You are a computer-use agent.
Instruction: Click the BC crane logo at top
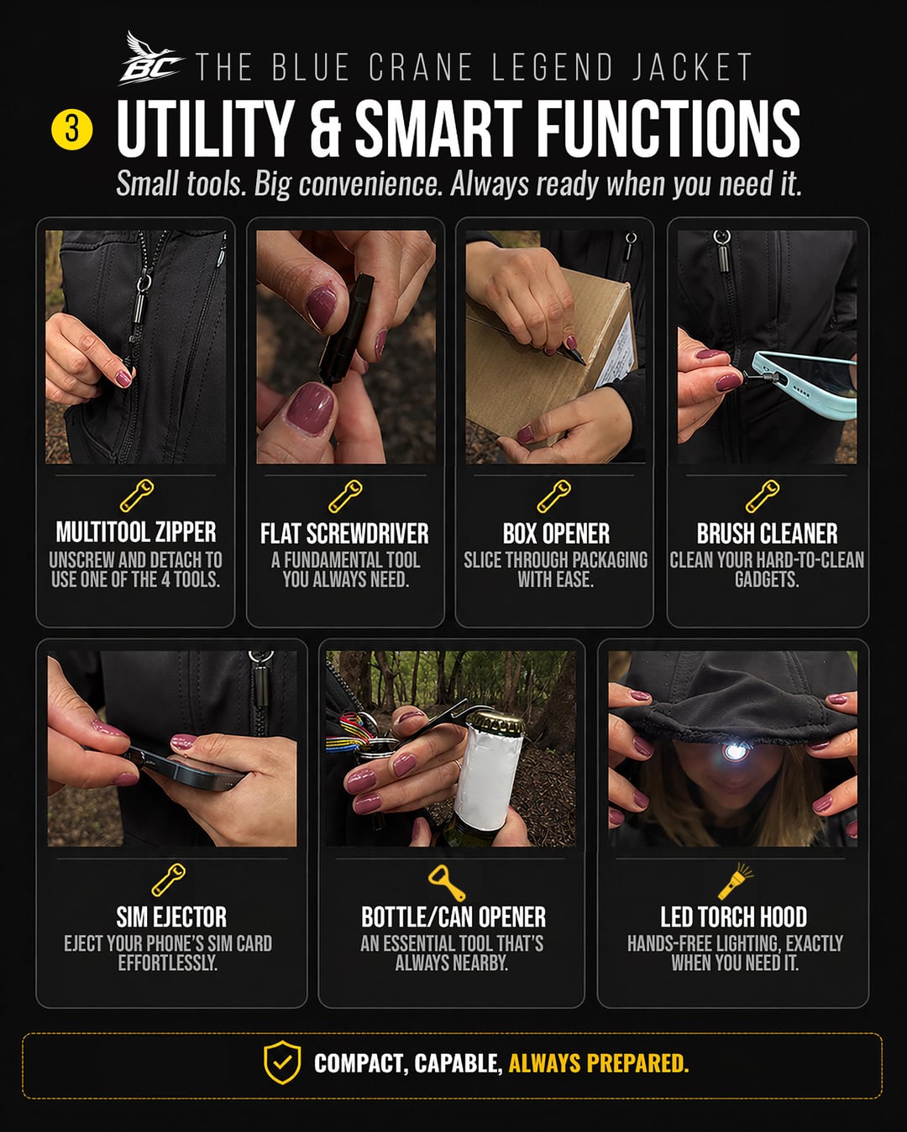point(151,59)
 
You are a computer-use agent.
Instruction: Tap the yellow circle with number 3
point(72,130)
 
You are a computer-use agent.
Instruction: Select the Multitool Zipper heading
point(136,532)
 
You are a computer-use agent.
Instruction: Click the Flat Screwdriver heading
point(345,534)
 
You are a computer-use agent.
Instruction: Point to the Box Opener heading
point(556,534)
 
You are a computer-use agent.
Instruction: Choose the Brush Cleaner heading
point(767,534)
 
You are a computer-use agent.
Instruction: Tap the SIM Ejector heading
point(171,917)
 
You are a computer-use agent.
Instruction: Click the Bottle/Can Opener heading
point(453,917)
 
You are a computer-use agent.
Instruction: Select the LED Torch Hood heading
point(733,917)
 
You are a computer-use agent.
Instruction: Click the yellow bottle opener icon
point(447,883)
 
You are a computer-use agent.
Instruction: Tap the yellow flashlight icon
point(736,881)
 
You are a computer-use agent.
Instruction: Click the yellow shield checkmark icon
point(282,1063)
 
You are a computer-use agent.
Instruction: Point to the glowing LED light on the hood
point(733,752)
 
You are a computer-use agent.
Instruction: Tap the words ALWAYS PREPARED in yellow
point(599,1063)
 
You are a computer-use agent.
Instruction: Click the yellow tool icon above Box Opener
point(554,496)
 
